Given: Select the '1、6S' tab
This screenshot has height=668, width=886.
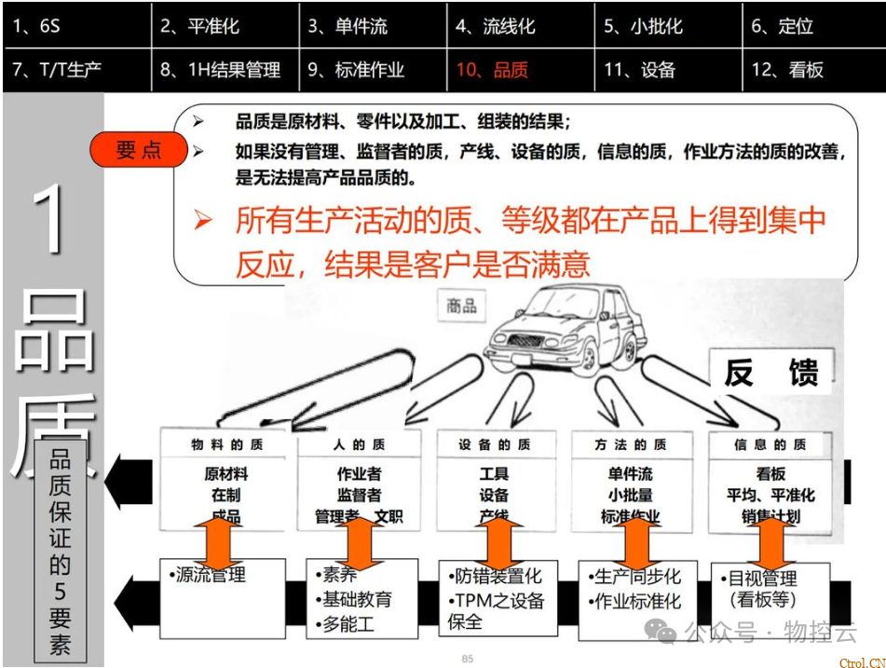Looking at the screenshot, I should [37, 26].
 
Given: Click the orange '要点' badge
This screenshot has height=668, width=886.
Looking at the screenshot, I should [139, 149].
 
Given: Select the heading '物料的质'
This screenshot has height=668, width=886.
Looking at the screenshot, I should [226, 445].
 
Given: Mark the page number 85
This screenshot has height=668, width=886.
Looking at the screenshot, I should [468, 659].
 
